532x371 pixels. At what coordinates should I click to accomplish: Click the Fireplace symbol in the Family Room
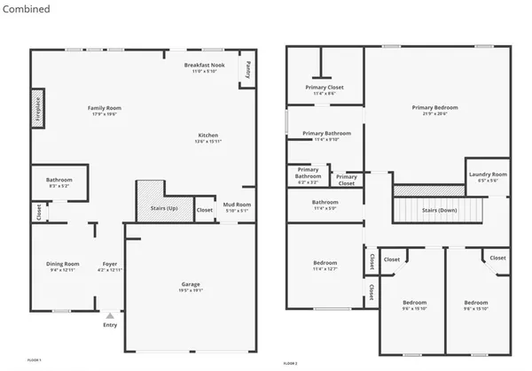coord(38,108)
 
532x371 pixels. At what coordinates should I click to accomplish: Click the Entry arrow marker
coord(110,315)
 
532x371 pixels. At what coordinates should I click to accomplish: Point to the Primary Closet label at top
coord(325,89)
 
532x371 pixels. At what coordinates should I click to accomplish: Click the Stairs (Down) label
coord(441,211)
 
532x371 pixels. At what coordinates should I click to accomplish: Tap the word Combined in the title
coord(27,9)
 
